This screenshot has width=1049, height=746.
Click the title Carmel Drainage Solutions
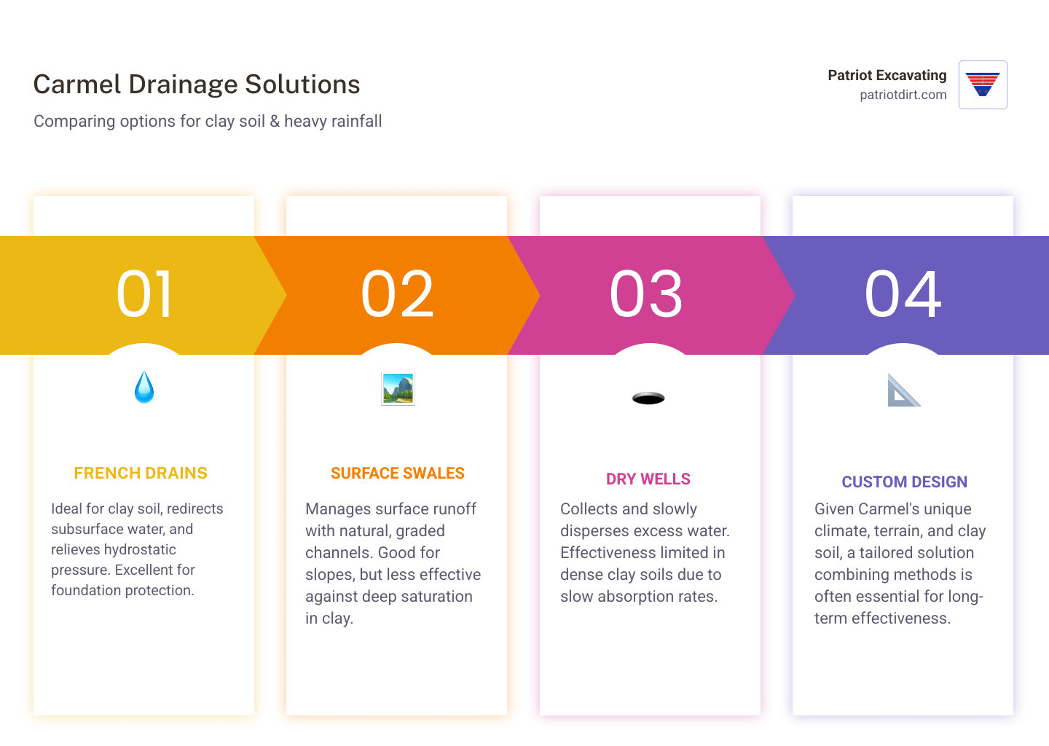197,85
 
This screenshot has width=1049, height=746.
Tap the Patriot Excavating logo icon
983,85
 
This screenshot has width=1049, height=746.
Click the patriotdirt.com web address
903,95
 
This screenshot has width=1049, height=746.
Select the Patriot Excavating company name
887,75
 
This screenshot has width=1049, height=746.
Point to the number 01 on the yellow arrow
144,294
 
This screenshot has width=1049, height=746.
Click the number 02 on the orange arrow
397,294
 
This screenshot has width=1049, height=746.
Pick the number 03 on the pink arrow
646,294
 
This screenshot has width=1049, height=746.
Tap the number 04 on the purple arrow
903,294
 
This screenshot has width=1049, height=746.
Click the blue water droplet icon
144,388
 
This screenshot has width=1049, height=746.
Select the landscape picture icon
398,389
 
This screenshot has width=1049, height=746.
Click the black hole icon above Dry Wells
648,398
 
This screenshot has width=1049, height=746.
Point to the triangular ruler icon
903,390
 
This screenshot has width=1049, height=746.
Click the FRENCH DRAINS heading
141,474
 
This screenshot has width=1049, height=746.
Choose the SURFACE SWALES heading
397,474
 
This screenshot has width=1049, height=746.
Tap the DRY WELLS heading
648,479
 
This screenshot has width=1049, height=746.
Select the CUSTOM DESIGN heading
904,482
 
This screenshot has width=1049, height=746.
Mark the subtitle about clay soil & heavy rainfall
208,121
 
